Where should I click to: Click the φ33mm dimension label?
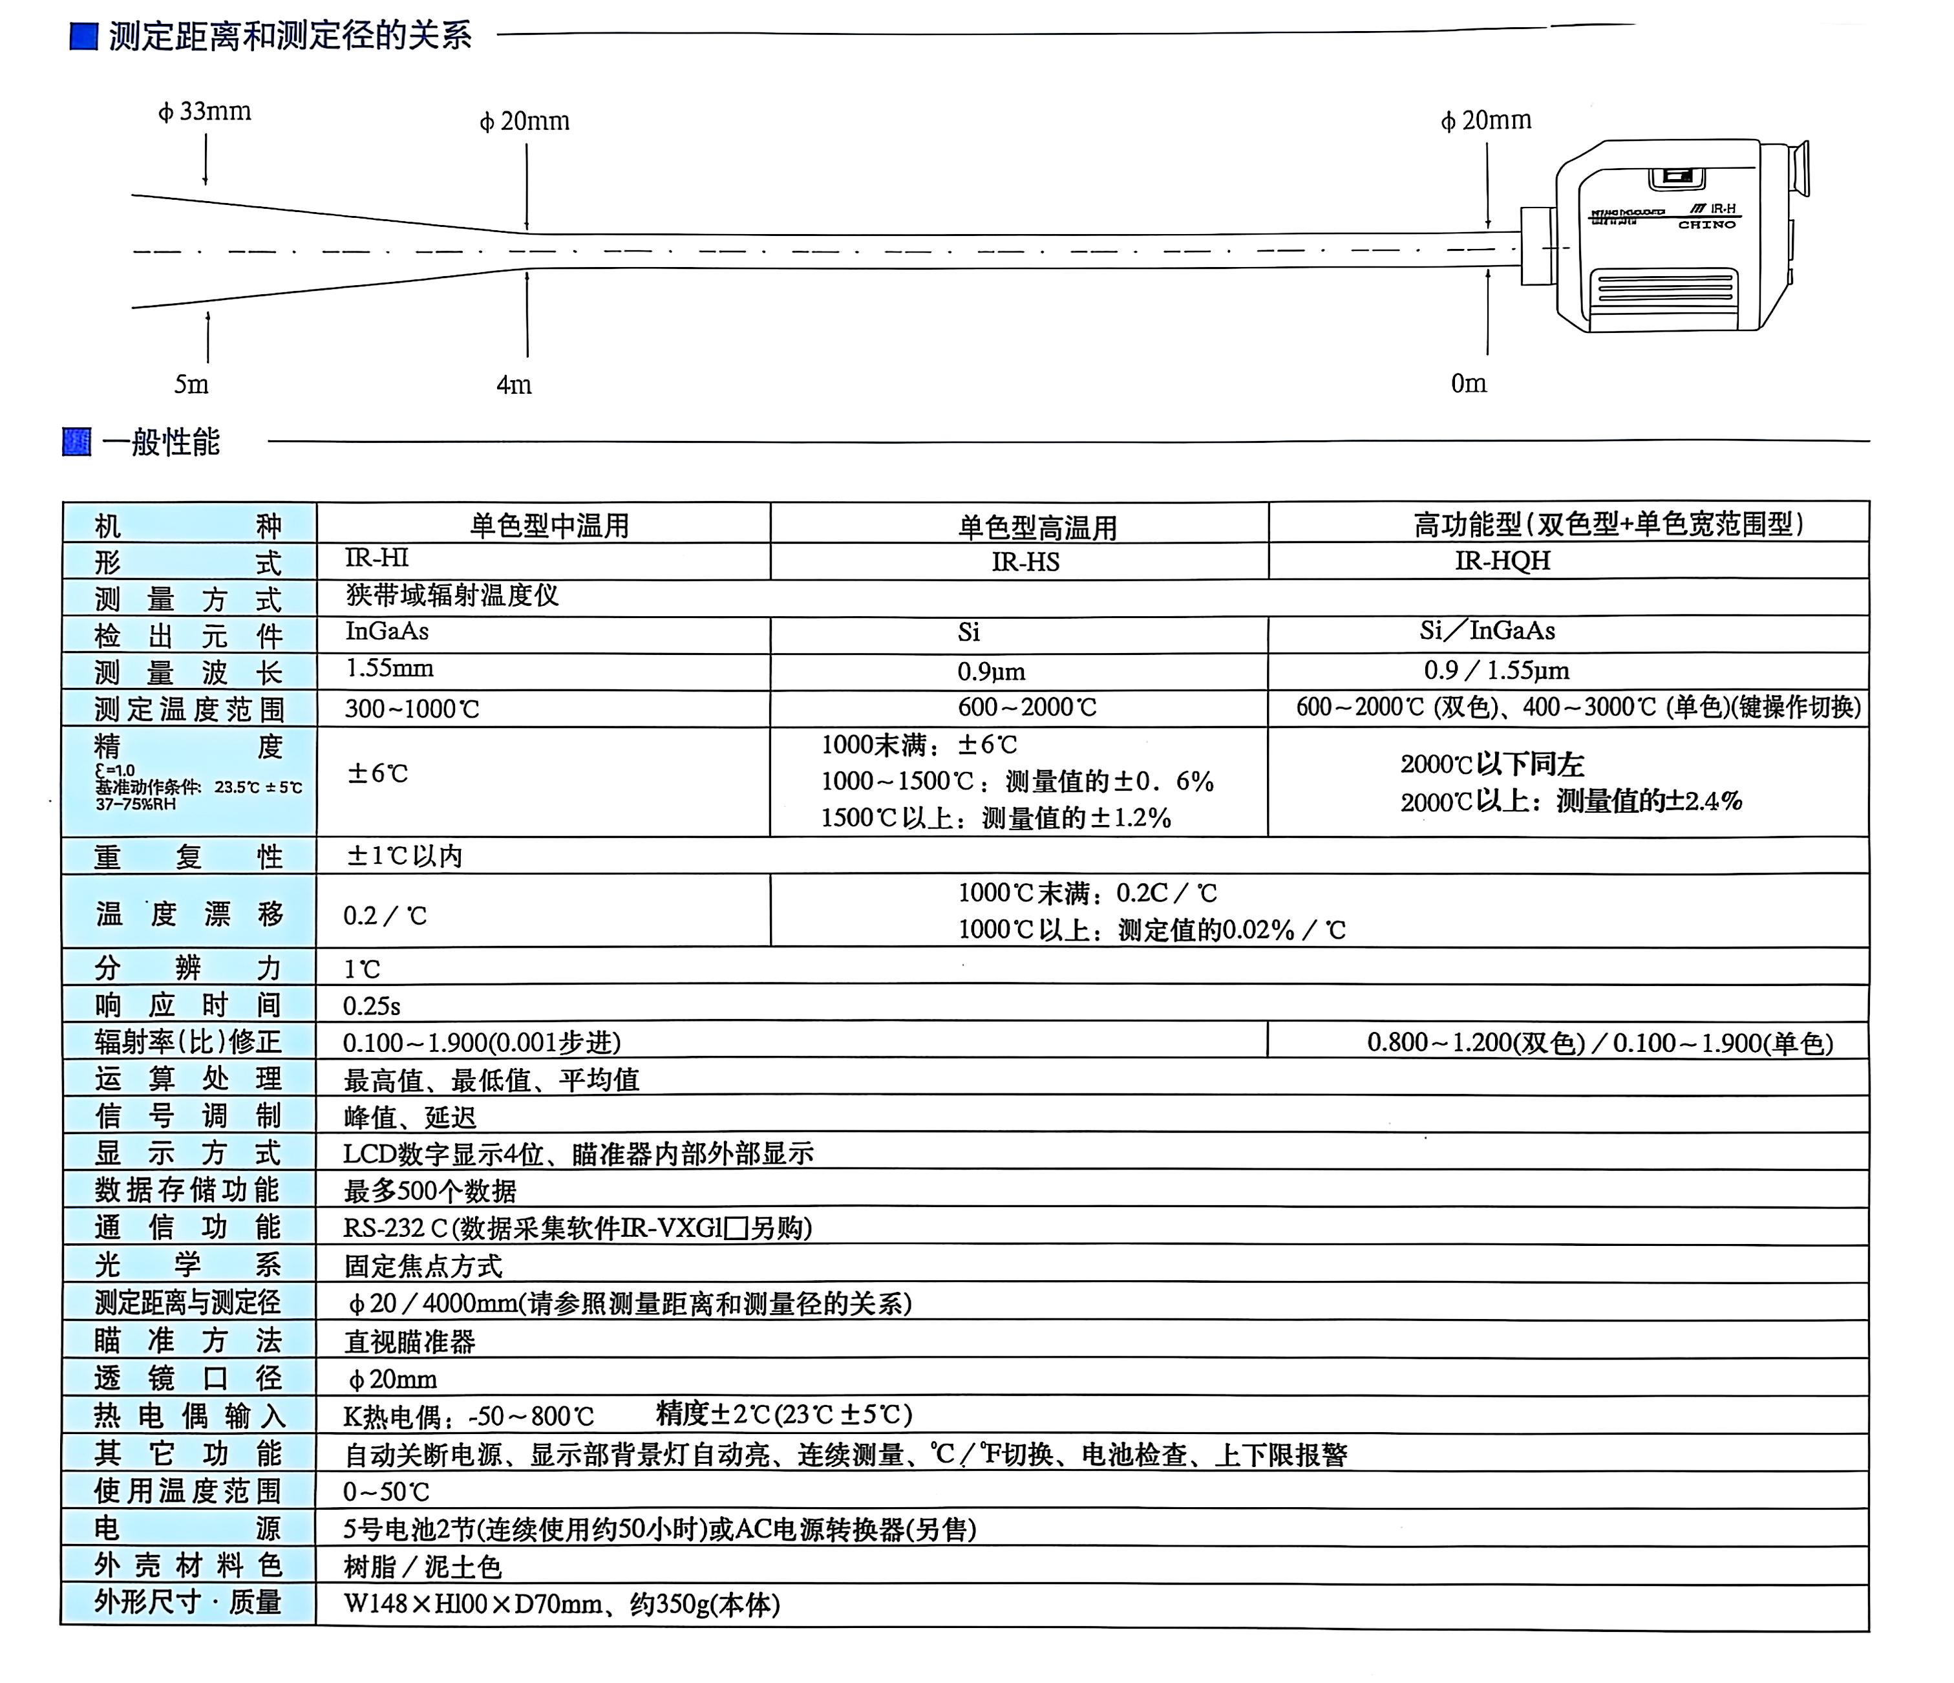tap(205, 111)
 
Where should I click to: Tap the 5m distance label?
tap(191, 384)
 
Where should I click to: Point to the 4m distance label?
tap(514, 385)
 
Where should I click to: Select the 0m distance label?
tap(1469, 383)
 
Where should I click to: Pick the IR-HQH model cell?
tap(1502, 561)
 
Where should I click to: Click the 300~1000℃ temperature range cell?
tap(412, 709)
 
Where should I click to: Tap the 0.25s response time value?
tap(372, 1005)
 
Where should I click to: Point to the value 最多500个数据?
tap(430, 1190)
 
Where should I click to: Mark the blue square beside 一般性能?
tap(76, 442)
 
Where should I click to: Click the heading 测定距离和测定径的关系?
tap(290, 36)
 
